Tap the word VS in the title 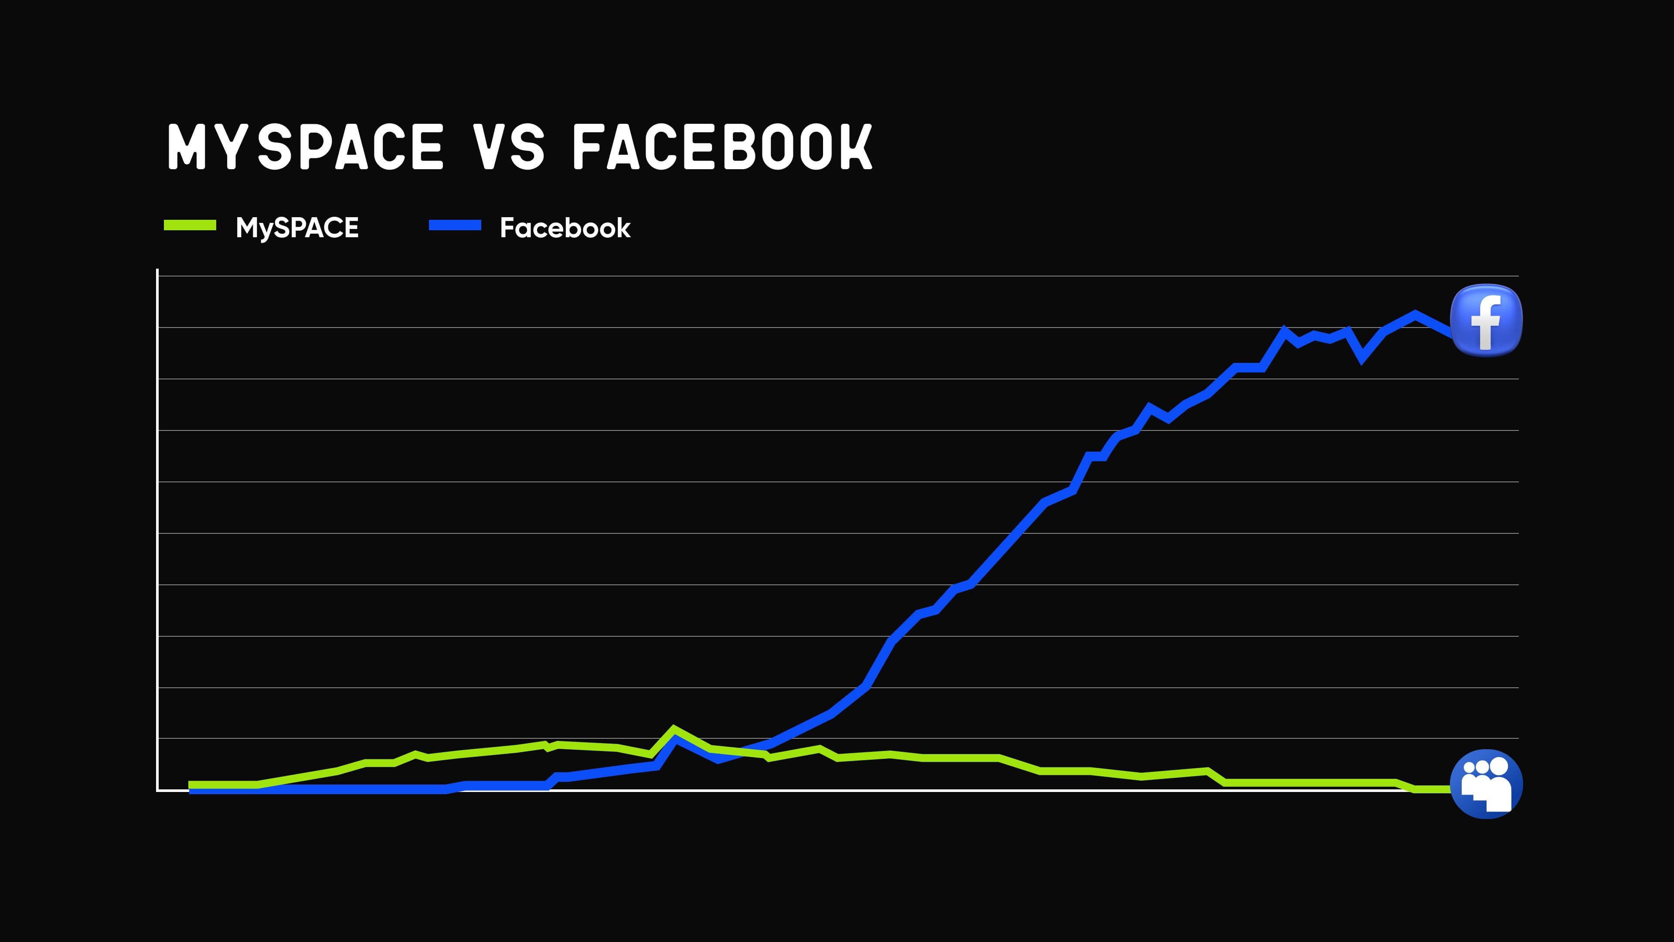509,147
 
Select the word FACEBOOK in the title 722,147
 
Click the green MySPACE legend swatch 190,225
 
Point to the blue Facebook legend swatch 455,225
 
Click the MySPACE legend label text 297,228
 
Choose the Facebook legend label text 565,228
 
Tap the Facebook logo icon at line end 1486,321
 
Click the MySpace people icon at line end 1486,784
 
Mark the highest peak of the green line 674,728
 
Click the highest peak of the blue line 1415,314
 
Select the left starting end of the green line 191,785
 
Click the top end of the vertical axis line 157,270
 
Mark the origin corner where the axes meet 157,790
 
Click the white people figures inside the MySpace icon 1486,786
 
